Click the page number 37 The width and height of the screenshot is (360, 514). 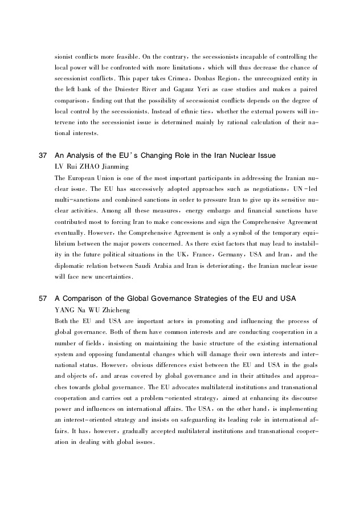tap(43, 156)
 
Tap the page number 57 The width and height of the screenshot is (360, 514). tap(43, 299)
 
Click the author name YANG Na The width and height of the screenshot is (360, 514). tap(69, 310)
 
